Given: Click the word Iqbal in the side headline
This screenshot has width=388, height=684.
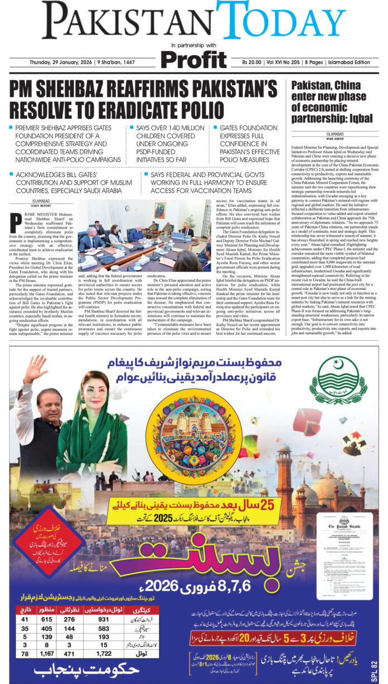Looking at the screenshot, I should pos(356,118).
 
